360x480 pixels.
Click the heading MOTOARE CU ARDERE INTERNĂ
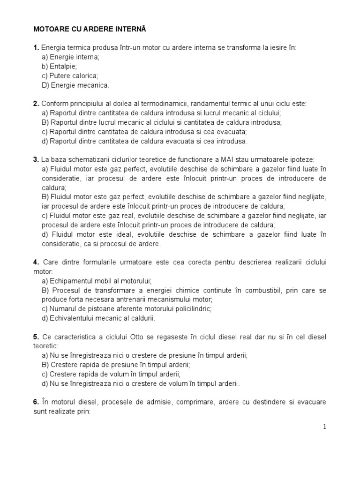tap(90, 29)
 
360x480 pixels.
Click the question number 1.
tap(36, 47)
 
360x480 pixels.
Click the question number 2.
tap(36, 104)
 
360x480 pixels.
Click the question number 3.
tap(36, 159)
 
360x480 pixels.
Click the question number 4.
tap(36, 262)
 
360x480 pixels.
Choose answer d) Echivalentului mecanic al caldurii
tap(98, 318)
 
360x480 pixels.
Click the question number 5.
tap(36, 337)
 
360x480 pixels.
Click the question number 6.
tap(36, 402)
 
